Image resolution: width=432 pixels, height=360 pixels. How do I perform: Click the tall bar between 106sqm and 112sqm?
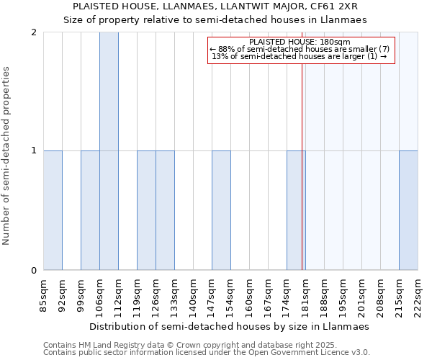[109, 151]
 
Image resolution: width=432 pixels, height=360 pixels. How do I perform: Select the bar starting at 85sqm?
[53, 210]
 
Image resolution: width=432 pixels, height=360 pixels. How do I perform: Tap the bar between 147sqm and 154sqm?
[221, 210]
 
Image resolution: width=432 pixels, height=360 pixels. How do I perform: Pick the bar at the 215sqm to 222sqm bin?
[408, 210]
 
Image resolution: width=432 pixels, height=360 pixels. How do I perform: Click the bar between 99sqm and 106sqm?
[90, 210]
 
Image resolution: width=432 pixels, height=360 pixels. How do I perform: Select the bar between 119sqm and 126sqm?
[146, 210]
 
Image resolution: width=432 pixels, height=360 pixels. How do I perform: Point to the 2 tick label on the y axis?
[34, 32]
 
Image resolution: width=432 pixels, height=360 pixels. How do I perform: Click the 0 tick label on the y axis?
[34, 271]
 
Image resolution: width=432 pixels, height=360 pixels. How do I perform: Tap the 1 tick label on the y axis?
[34, 151]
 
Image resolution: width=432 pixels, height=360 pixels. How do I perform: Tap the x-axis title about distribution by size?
[230, 326]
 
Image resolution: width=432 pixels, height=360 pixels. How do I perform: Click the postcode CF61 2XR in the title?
[331, 6]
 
